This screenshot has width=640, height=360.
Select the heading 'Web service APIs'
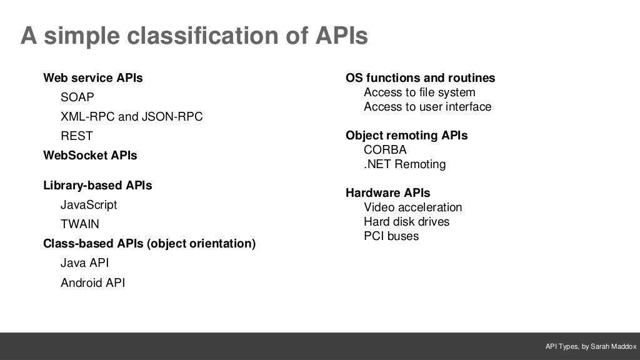pyautogui.click(x=92, y=78)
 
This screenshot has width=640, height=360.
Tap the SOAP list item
pyautogui.click(x=77, y=97)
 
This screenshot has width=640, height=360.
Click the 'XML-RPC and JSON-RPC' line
pyautogui.click(x=131, y=117)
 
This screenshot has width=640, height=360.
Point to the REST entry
pyautogui.click(x=76, y=136)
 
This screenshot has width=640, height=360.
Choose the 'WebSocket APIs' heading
pyautogui.click(x=90, y=155)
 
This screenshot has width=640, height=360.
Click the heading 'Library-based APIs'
pyautogui.click(x=97, y=186)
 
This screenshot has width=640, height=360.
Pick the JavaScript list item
pyautogui.click(x=89, y=205)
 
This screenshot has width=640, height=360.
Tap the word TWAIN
pyautogui.click(x=80, y=224)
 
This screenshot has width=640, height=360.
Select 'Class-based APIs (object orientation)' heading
pyautogui.click(x=149, y=244)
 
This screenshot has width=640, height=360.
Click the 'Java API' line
pyautogui.click(x=84, y=263)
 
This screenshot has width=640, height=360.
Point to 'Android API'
pyautogui.click(x=92, y=283)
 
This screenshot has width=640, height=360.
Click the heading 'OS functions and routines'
pyautogui.click(x=420, y=78)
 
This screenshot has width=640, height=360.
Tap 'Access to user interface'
pyautogui.click(x=427, y=107)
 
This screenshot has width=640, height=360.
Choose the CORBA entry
pyautogui.click(x=385, y=150)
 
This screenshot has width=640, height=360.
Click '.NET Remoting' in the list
pyautogui.click(x=404, y=164)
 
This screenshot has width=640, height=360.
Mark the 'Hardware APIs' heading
pyautogui.click(x=387, y=193)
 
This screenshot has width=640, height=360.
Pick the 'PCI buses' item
pyautogui.click(x=391, y=236)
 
